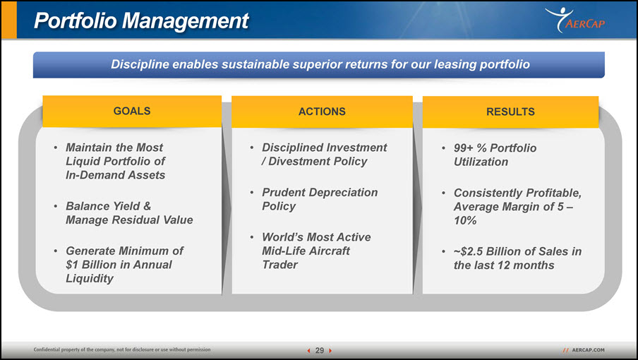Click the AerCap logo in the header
tap(575, 20)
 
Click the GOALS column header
tap(132, 111)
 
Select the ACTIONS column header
tap(322, 112)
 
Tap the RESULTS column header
tap(510, 112)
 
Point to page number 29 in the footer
tap(320, 350)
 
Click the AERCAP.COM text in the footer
tap(588, 350)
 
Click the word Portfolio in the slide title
tap(76, 20)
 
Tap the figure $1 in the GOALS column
tap(72, 265)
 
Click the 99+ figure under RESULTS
tap(464, 148)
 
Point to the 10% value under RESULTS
tap(465, 220)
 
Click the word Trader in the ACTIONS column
tap(280, 265)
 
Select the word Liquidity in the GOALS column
tap(90, 279)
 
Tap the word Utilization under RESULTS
tap(481, 162)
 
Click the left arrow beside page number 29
tap(309, 351)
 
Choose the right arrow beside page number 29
tap(330, 351)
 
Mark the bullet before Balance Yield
tap(55, 206)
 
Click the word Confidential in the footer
tap(47, 349)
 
